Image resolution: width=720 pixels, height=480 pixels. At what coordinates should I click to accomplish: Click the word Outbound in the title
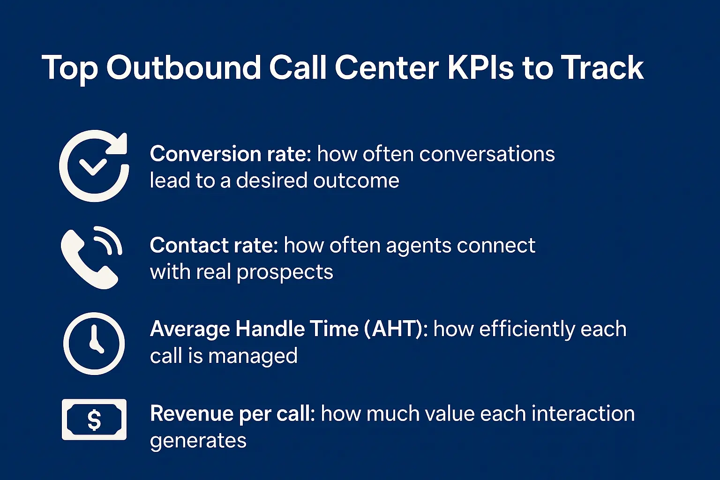pos(183,68)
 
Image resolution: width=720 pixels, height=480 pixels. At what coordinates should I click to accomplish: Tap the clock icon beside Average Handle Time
pos(94,344)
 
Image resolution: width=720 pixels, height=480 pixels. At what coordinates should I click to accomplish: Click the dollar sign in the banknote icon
pos(94,420)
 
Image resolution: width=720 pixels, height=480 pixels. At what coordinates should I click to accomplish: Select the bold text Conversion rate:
pos(230,154)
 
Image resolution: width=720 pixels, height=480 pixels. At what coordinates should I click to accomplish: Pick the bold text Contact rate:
pos(214,245)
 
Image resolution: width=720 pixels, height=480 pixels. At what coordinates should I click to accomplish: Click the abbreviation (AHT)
pos(396,329)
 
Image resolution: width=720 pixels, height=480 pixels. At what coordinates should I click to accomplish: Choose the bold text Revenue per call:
pos(232,414)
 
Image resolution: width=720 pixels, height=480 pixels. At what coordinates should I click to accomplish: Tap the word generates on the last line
pos(198,441)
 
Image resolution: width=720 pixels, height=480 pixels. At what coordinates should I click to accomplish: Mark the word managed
pos(253,356)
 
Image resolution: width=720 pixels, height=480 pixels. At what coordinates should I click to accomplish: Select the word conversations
pos(487,154)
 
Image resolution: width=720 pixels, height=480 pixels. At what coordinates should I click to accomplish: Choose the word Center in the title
pos(387,68)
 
